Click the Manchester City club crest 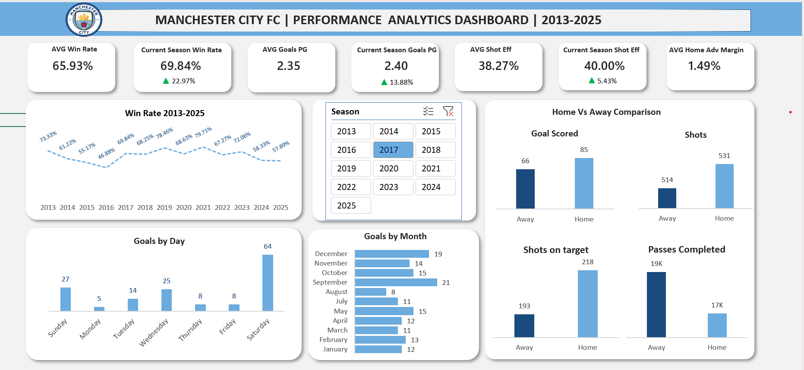point(84,20)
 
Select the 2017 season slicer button point(393,150)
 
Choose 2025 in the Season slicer point(350,206)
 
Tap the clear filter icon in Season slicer point(448,111)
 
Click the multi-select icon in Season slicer point(428,111)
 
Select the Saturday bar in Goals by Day point(268,283)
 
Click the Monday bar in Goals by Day point(99,309)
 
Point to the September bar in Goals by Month point(396,282)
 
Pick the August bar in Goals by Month point(370,292)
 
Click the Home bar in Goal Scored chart point(584,183)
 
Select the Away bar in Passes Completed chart point(656,304)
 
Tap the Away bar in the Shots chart point(667,198)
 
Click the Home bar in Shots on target point(587,304)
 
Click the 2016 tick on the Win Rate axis point(106,208)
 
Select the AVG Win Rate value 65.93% point(73,66)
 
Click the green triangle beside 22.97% point(166,81)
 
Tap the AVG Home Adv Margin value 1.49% point(704,66)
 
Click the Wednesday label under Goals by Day point(154,332)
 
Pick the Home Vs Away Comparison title point(606,112)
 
